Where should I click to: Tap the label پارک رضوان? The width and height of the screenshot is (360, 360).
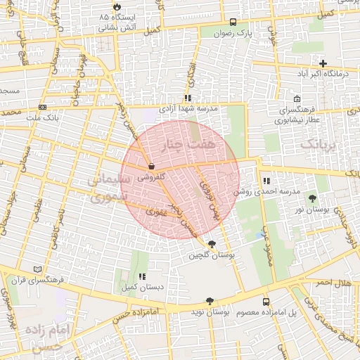[233, 33]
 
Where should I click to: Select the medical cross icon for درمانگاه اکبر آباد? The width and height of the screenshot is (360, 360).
[323, 63]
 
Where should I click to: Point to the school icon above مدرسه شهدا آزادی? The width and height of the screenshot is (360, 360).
[188, 98]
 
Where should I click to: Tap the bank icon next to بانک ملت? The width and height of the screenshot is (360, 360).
[43, 108]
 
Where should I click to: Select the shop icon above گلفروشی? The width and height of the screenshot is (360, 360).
[151, 167]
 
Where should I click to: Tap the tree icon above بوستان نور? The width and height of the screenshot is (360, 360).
[312, 198]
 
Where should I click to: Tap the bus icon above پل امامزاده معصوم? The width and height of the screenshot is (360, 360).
[265, 301]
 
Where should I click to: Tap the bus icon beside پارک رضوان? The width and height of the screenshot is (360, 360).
[233, 22]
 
